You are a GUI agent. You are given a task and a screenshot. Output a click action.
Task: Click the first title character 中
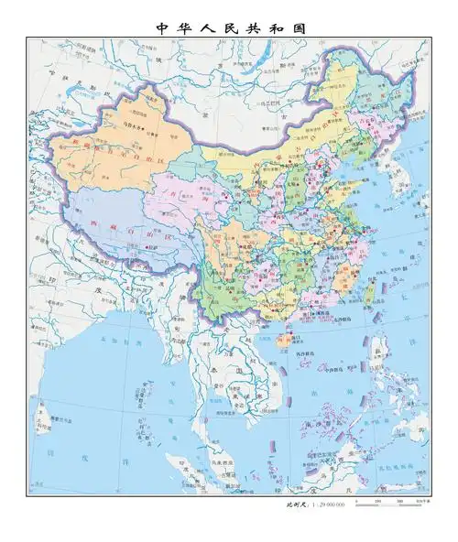pos(161,28)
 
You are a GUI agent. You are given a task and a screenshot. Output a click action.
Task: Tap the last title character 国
pos(299,28)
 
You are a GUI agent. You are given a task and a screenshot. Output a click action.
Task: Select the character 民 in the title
pos(217,28)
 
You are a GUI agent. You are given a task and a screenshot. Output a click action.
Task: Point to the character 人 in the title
pos(190,28)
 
